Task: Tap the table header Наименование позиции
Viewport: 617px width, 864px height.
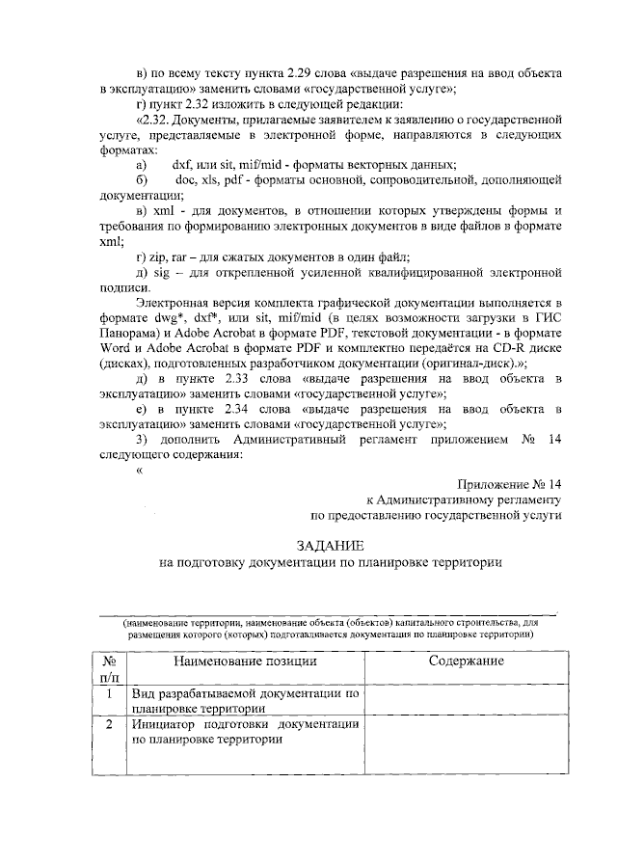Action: pyautogui.click(x=245, y=661)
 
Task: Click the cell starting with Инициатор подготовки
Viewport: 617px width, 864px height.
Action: pyautogui.click(x=245, y=732)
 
